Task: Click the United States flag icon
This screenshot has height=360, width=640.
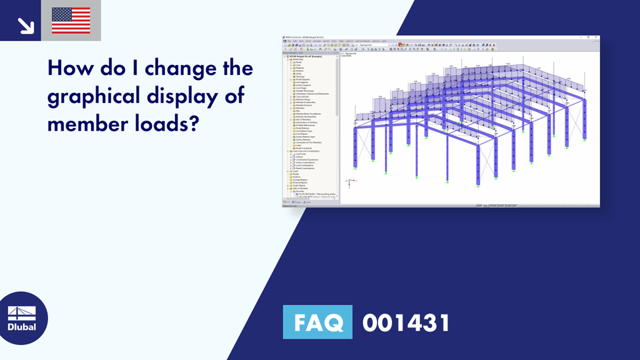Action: pyautogui.click(x=71, y=21)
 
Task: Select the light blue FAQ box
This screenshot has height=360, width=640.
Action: pyautogui.click(x=317, y=322)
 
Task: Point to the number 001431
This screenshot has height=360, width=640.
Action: pyautogui.click(x=406, y=323)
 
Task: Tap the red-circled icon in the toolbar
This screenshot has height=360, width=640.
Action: pyautogui.click(x=400, y=45)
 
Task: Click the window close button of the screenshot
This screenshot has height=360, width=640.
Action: pyautogui.click(x=597, y=37)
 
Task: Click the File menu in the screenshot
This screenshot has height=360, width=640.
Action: pyautogui.click(x=285, y=41)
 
